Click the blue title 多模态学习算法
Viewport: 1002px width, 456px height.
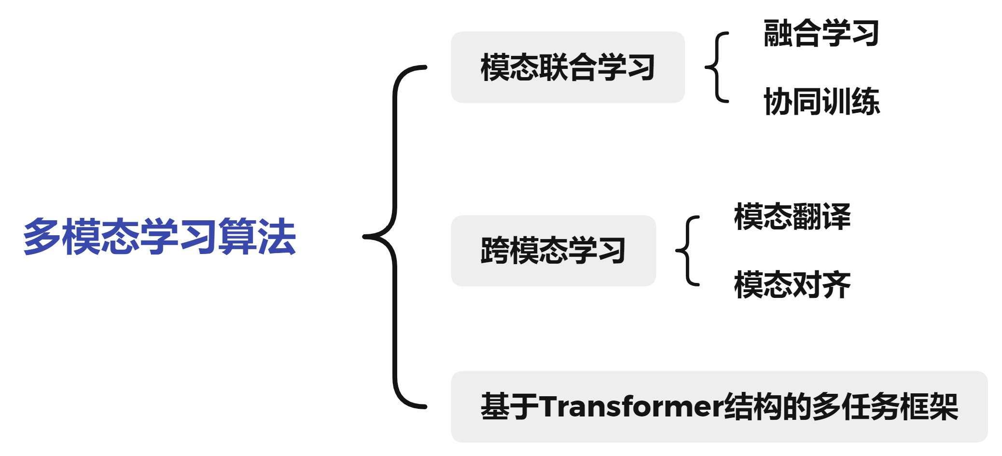tap(159, 236)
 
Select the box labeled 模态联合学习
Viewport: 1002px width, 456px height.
tap(567, 67)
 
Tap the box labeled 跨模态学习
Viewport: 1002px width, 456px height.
tap(553, 251)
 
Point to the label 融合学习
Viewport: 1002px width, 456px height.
tap(821, 33)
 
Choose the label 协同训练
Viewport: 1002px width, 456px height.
tap(821, 102)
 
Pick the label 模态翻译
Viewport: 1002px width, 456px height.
tap(792, 216)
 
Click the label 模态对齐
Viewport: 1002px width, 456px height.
tap(792, 285)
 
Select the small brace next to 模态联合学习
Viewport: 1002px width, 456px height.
tap(716, 67)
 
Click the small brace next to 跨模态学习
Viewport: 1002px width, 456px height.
tap(687, 251)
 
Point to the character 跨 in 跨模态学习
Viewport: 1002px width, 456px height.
tap(495, 251)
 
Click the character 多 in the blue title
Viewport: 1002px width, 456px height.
tap(42, 236)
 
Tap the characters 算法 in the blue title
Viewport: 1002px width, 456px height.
tap(257, 236)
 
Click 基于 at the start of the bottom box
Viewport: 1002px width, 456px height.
tap(510, 406)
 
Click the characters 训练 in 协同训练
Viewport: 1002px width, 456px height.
tap(850, 102)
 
